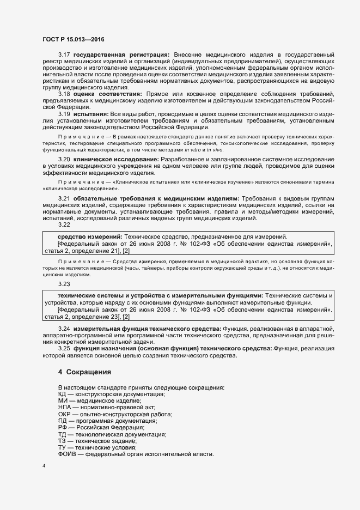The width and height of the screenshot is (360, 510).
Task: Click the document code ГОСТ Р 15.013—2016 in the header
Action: click(x=74, y=39)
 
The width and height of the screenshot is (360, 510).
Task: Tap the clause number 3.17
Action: click(x=64, y=55)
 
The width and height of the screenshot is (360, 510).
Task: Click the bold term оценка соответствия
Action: click(x=108, y=94)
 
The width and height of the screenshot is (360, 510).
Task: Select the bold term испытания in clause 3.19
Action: click(x=91, y=113)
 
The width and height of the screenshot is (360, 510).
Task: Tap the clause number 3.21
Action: click(x=64, y=197)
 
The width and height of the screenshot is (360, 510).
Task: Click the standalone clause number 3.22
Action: click(x=64, y=224)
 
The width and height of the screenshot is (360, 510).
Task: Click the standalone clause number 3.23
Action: click(x=64, y=284)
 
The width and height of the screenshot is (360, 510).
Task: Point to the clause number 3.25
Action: click(x=64, y=348)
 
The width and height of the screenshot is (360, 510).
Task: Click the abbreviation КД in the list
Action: click(x=62, y=394)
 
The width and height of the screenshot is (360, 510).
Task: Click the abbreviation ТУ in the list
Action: click(x=62, y=447)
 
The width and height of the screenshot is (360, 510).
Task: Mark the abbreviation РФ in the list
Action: click(x=62, y=428)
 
